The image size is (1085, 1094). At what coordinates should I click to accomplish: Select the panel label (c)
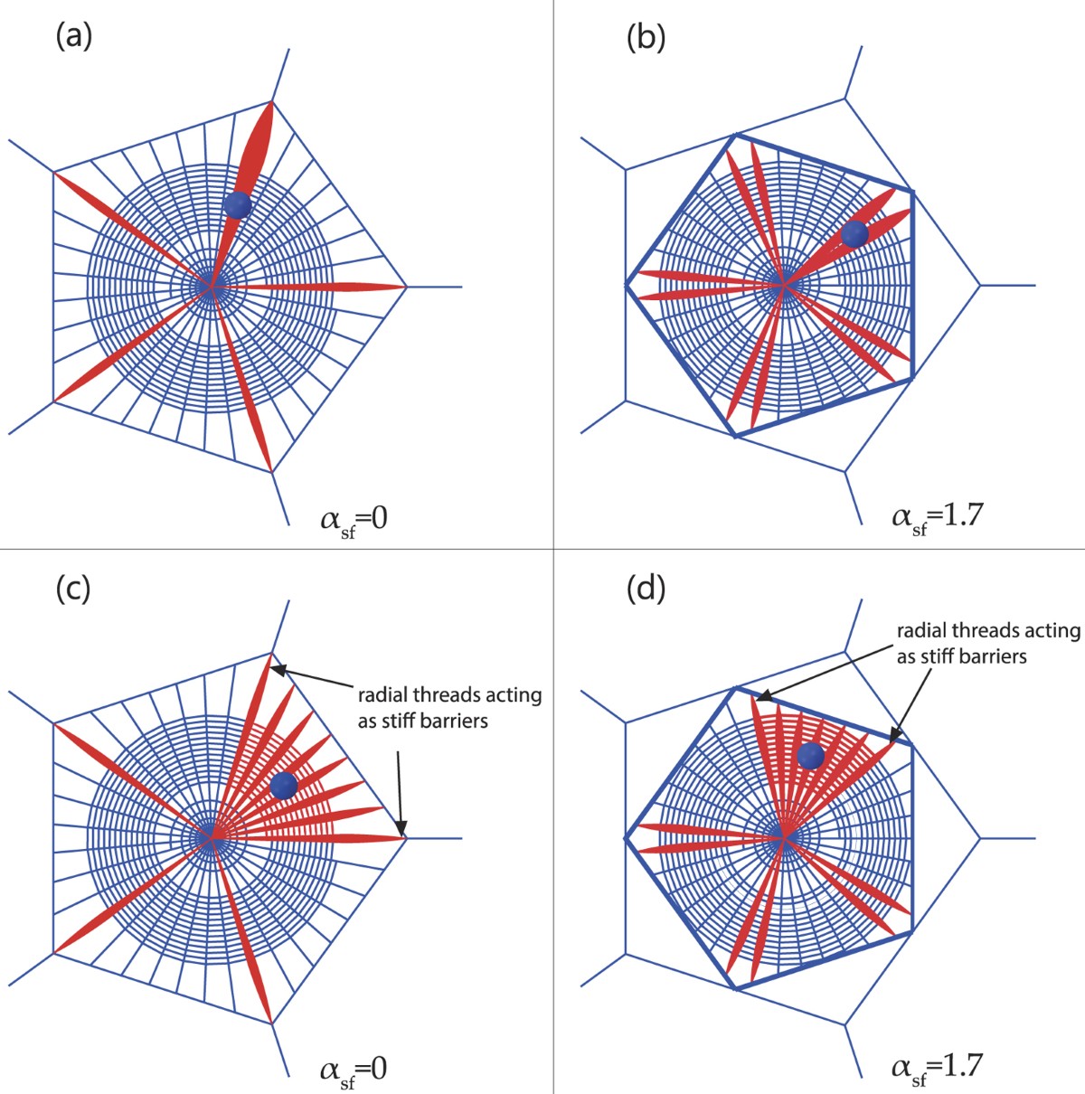(x=73, y=589)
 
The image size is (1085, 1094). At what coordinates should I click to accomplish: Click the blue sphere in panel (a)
(x=237, y=205)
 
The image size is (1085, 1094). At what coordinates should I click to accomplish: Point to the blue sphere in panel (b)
(x=854, y=234)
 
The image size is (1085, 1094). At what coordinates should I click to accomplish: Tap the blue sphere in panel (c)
(x=284, y=786)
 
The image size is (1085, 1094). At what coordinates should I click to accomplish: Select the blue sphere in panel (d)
(x=810, y=755)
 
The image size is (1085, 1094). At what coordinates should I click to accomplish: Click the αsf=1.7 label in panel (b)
(x=937, y=519)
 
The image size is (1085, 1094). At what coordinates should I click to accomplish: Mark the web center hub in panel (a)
(x=211, y=287)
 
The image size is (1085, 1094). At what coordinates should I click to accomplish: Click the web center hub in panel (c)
(x=211, y=838)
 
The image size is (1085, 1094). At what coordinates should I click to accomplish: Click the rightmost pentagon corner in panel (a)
(x=406, y=287)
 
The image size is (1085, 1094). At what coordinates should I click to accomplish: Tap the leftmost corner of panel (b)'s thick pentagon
(x=626, y=286)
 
